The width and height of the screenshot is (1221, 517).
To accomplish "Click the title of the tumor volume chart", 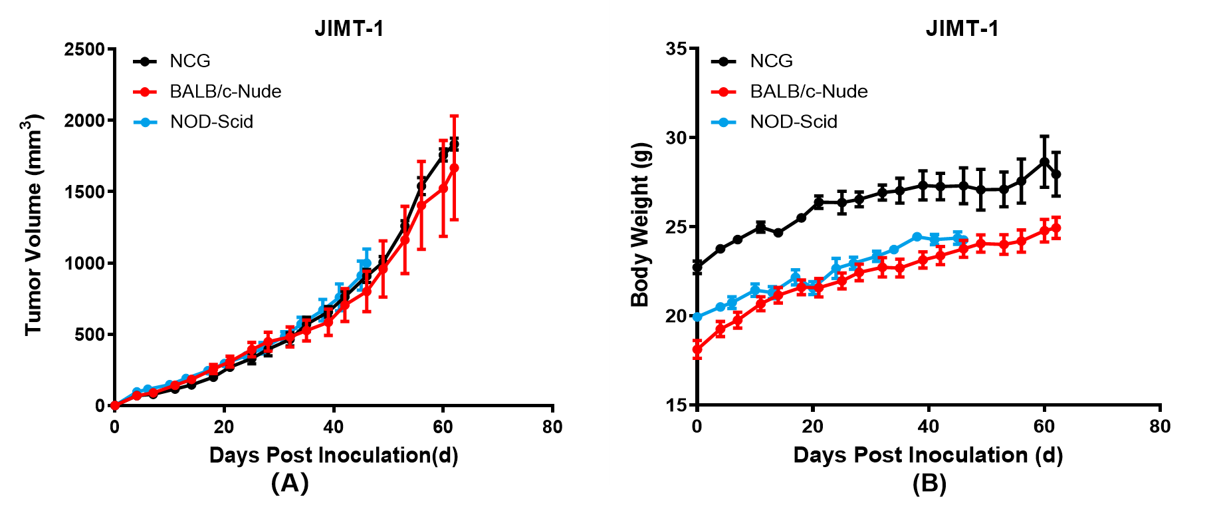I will (349, 29).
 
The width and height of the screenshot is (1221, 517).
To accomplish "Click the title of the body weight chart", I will (962, 29).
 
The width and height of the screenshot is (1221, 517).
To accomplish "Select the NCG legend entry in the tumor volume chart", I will (189, 61).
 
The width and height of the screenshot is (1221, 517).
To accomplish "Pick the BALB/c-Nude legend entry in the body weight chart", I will (808, 91).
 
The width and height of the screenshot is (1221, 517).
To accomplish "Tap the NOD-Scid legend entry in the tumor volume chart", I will (211, 122).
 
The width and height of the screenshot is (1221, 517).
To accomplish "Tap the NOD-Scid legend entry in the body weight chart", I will (793, 122).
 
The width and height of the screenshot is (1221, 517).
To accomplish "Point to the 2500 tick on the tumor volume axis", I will (84, 49).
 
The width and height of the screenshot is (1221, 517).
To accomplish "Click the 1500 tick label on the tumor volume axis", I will (84, 192).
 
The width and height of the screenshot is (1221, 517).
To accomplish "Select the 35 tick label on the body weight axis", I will (677, 49).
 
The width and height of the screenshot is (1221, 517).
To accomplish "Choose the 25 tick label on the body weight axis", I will (677, 227).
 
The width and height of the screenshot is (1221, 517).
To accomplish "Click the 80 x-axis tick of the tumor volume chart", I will (552, 427).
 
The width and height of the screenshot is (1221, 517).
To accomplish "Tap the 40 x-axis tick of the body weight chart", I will (929, 427).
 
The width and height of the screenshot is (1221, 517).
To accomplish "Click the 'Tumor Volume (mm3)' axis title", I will (33, 225).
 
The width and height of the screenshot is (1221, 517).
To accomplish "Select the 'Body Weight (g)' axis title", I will (639, 225).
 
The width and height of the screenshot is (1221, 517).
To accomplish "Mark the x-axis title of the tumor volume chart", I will (334, 455).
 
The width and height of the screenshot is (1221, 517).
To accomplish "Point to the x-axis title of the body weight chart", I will (928, 455).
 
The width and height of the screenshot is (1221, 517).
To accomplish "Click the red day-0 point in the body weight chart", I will (697, 349).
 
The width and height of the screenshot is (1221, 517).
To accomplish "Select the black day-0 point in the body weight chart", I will (697, 267).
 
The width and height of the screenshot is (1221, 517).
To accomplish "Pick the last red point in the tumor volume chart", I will (454, 168).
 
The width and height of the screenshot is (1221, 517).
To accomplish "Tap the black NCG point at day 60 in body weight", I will (1044, 162).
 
